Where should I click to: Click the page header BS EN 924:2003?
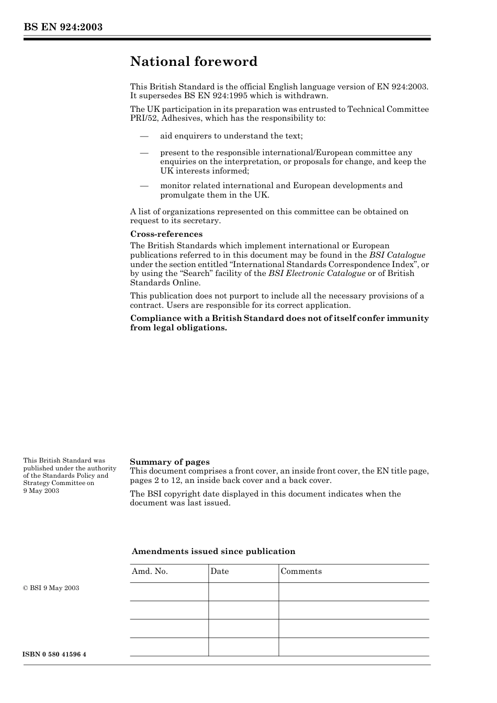[x=62, y=27]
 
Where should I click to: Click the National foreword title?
[x=194, y=62]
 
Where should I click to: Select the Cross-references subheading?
[x=166, y=234]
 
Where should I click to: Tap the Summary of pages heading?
[x=170, y=462]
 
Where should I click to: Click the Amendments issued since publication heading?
[x=213, y=551]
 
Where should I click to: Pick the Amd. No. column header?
[x=150, y=571]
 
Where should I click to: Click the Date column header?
[x=220, y=571]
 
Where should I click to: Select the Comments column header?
[x=301, y=571]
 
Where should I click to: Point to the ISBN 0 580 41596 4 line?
[x=54, y=654]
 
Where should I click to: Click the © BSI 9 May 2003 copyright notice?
[x=51, y=588]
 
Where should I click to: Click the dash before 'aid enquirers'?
[x=144, y=136]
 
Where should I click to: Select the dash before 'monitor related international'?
[x=144, y=186]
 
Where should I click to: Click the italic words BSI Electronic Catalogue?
[x=317, y=273]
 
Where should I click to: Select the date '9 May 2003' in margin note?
[x=41, y=491]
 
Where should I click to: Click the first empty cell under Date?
[x=243, y=592]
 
